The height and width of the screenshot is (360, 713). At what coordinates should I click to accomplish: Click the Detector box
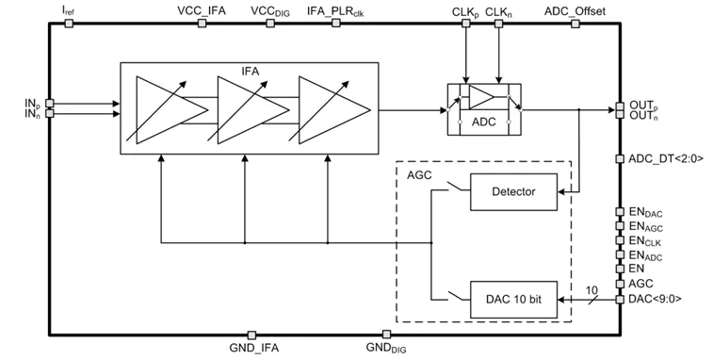coord(513,191)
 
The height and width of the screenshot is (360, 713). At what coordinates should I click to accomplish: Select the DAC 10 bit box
coord(513,300)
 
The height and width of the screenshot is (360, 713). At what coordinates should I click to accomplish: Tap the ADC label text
coord(483,122)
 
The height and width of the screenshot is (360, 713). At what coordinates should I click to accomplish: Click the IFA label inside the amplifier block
coord(251,72)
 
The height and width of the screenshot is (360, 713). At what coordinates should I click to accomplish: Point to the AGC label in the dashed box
coord(419,175)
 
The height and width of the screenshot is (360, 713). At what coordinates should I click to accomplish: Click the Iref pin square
coord(69,24)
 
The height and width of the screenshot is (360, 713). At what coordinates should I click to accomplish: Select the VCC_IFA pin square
coord(202,24)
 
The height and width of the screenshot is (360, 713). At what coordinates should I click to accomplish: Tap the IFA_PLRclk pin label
coord(335,11)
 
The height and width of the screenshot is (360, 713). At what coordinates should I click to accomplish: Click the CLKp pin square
coord(466,24)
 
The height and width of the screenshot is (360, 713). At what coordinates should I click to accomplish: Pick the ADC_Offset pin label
coord(575,11)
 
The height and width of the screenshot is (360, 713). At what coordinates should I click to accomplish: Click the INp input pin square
coord(50,104)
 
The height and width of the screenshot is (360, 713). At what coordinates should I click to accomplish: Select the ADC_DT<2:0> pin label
coord(666,158)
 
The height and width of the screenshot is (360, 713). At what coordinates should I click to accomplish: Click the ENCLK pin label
coord(645,241)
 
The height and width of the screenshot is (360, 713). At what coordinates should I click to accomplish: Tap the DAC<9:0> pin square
coord(620,299)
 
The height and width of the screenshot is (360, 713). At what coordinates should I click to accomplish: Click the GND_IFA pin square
coord(251,335)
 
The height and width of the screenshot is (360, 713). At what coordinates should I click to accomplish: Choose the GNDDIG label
coord(386,348)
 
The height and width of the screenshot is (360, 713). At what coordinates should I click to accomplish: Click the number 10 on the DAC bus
coord(591,290)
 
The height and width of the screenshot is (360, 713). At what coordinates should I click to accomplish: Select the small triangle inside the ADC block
coord(481,97)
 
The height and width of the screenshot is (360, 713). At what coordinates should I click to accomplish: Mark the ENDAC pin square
coord(620,212)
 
